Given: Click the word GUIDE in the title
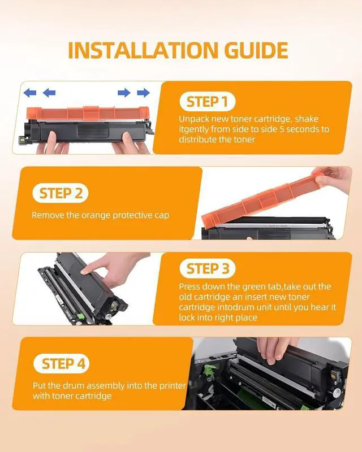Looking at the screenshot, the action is click(256, 50).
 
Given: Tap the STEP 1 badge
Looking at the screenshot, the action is click(207, 102).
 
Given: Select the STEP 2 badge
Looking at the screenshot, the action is click(61, 193).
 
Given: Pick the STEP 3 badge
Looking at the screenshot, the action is click(208, 269).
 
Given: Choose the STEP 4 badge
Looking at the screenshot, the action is click(62, 363).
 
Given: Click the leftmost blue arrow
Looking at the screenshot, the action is click(30, 93).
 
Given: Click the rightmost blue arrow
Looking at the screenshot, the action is click(143, 93).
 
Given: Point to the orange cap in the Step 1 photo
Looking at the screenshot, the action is click(88, 112).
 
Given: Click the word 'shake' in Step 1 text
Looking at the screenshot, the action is click(307, 119).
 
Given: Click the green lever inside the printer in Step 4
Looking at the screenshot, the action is click(210, 371).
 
